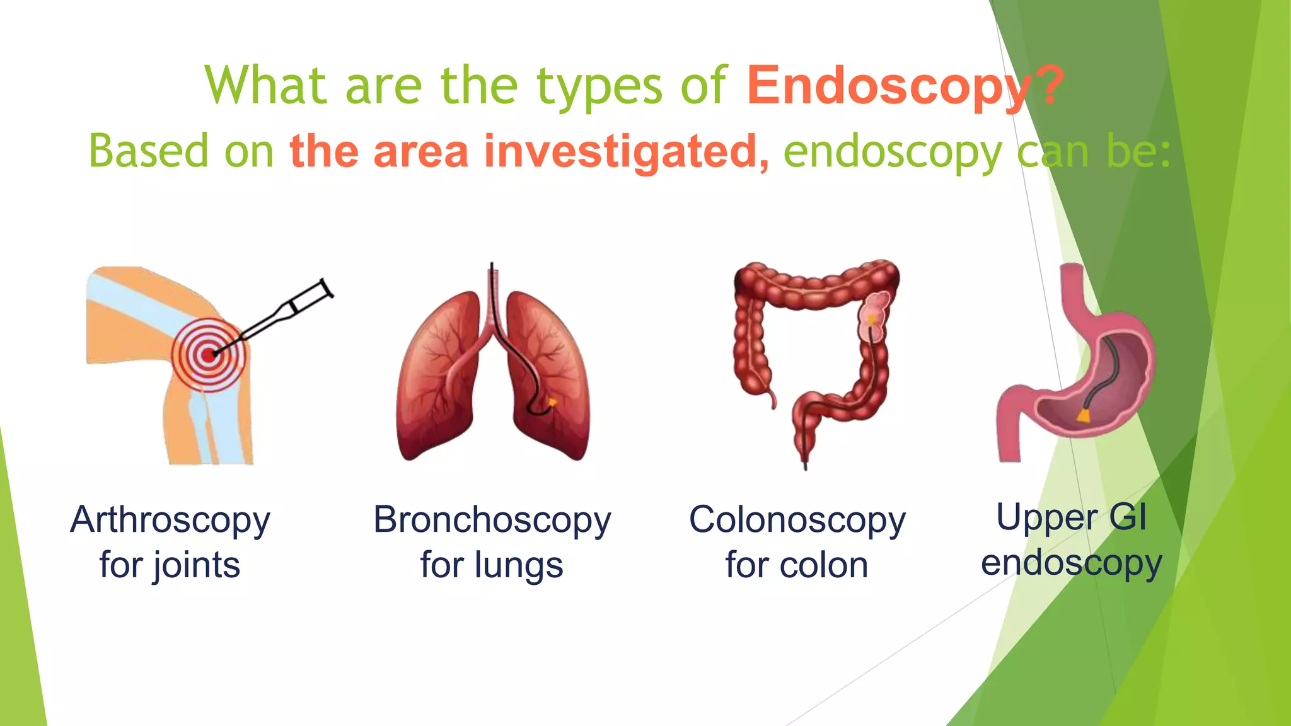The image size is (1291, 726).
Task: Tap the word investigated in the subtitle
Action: [620, 151]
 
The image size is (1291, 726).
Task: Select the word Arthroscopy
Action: [170, 521]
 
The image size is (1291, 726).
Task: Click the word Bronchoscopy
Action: [492, 521]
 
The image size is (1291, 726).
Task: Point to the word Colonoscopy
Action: [797, 521]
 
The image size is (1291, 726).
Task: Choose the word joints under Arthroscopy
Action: [195, 565]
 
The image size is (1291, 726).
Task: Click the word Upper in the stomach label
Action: [1046, 518]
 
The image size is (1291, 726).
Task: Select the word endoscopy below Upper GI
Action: [1071, 563]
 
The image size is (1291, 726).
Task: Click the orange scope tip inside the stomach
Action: [1084, 415]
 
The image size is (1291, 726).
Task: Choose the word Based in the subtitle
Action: [148, 151]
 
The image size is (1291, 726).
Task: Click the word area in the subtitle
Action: [421, 153]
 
